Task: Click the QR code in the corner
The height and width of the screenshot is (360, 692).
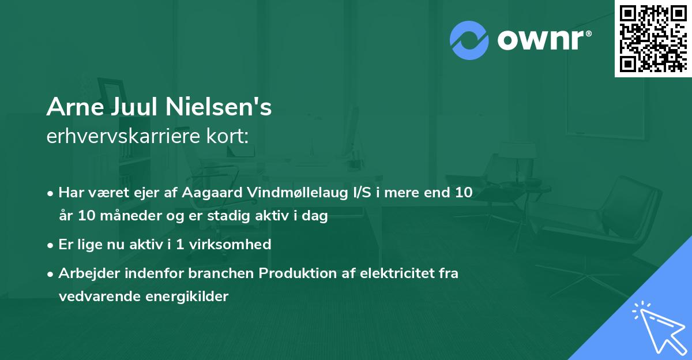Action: tap(653, 38)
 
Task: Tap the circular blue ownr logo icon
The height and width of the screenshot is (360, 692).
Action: tap(469, 40)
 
